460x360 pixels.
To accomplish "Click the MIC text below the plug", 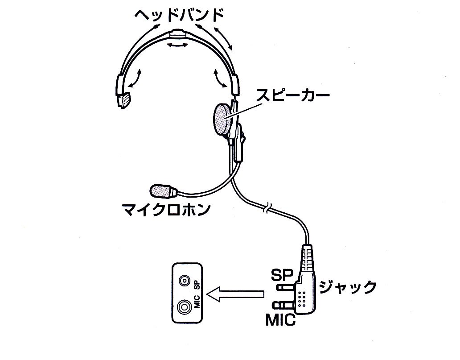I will [281, 320].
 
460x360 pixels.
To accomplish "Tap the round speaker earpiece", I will [221, 120].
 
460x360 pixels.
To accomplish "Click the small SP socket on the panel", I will [184, 281].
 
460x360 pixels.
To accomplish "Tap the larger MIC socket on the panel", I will [184, 307].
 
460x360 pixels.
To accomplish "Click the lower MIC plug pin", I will [285, 306].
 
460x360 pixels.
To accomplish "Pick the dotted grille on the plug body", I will [303, 298].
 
